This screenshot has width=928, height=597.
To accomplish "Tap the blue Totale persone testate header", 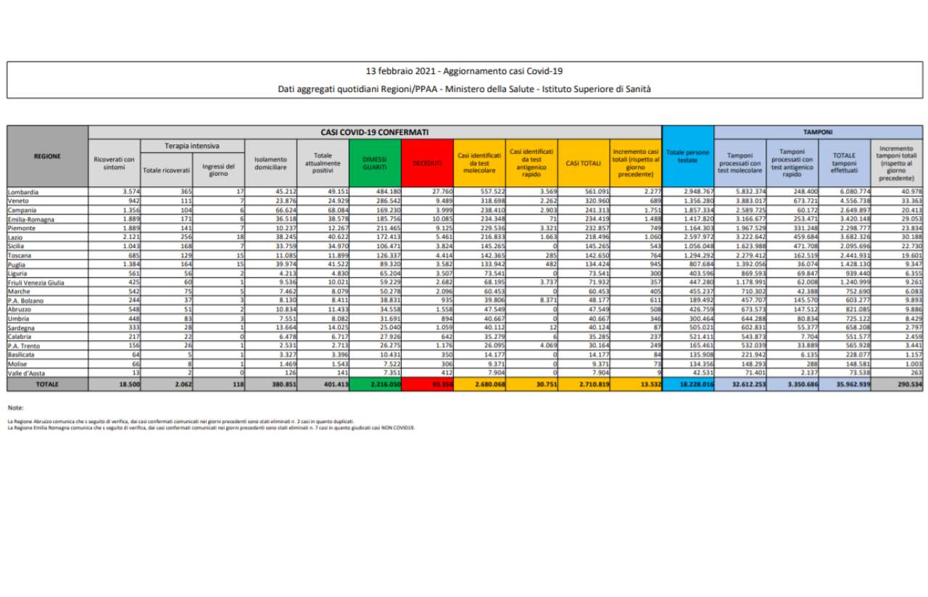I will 688,156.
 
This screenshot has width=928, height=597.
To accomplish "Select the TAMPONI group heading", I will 817,133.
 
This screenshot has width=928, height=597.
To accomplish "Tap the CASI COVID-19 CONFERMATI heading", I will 374,133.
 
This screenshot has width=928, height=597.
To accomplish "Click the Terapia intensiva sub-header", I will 193,146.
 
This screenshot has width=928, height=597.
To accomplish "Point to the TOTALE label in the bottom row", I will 47,384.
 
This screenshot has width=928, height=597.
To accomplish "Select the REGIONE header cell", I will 47,156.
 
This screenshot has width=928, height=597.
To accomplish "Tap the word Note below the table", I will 17,408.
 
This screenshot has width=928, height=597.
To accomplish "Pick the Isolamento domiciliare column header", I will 271,163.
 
